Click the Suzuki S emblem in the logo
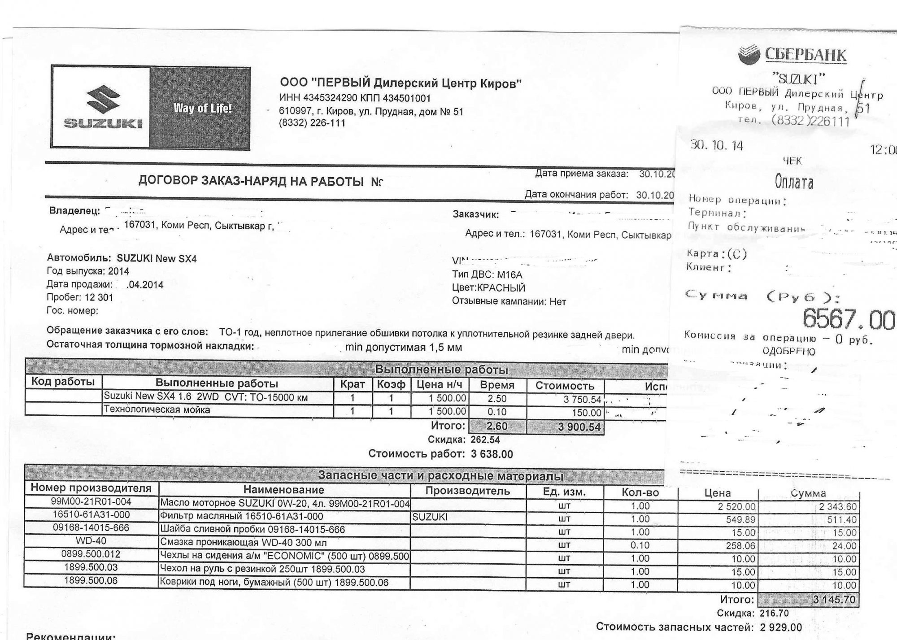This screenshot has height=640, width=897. (103, 100)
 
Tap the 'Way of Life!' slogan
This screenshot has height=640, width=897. (203, 108)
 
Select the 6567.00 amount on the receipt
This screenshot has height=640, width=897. (848, 320)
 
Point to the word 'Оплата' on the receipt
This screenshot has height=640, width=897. (794, 182)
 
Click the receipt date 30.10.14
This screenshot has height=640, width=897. (716, 146)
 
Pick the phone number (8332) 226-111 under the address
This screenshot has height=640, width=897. (312, 123)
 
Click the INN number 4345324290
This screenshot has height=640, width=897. (330, 98)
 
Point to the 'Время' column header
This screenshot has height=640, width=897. (497, 385)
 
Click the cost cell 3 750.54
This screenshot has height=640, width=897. (582, 400)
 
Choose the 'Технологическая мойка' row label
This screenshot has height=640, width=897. (157, 409)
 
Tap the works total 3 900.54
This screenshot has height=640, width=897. (579, 427)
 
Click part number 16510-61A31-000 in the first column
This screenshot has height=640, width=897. (91, 515)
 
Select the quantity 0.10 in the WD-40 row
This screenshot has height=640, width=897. (640, 545)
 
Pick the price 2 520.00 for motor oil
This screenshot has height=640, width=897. (736, 507)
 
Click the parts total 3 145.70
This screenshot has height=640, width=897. (834, 600)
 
